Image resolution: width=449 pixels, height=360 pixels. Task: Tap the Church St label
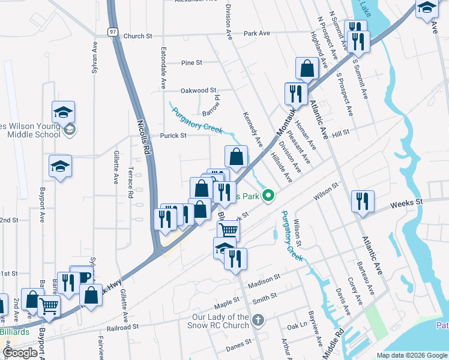coord(137,37)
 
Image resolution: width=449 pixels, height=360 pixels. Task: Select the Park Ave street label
coord(257,34)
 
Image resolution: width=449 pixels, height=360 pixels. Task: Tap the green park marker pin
coord(270,195)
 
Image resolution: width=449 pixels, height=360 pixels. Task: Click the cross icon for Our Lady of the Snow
coord(258,319)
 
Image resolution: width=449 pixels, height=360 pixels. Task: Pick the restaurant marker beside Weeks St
coord(363,201)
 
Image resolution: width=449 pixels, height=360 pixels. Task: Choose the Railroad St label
coord(123,328)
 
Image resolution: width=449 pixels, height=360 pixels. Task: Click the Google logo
coord(20,352)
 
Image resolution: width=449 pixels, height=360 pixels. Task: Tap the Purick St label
coord(173,136)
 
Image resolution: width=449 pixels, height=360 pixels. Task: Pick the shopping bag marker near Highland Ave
coord(307,70)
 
